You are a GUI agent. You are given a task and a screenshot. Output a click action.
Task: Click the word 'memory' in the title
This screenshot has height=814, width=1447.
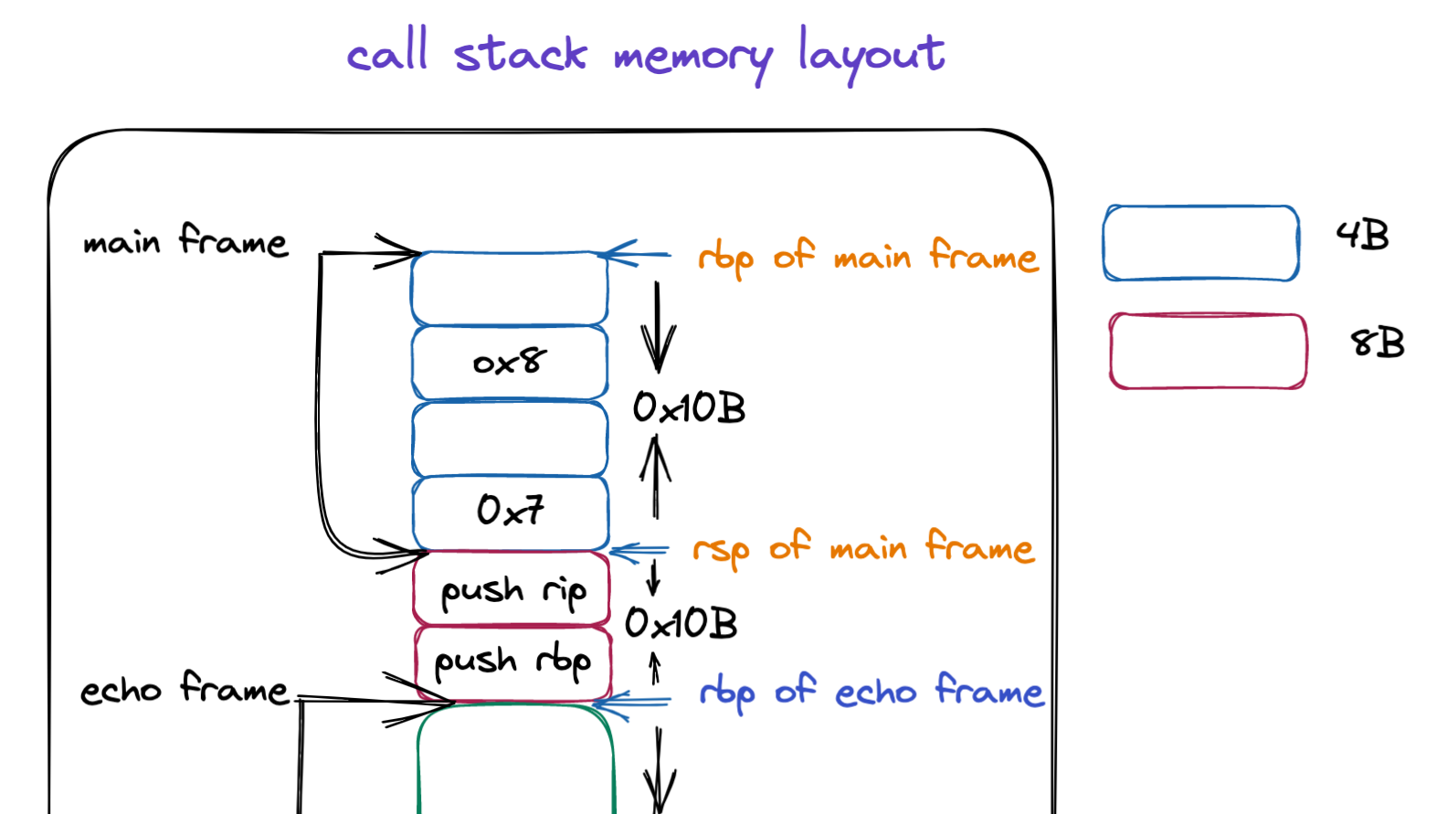[x=692, y=58]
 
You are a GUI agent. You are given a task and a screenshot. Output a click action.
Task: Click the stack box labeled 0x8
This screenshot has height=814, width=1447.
[x=510, y=363]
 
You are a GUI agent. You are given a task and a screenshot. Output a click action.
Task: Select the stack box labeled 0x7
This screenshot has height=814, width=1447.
[x=510, y=511]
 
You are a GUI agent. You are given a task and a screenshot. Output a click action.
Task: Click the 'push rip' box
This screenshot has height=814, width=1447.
[x=512, y=589]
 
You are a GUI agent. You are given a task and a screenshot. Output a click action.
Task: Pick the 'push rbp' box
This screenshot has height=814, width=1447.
[x=512, y=661]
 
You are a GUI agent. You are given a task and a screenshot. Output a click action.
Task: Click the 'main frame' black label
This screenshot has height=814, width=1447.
[x=185, y=241]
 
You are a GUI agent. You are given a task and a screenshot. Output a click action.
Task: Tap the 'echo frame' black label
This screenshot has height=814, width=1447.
[x=185, y=689]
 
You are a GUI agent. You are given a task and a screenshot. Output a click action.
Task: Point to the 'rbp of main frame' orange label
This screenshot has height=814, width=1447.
[x=868, y=257]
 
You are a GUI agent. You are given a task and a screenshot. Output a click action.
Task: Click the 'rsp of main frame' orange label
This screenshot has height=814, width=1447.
[x=863, y=548]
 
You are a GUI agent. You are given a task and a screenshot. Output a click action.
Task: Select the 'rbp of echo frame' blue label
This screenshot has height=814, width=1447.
[x=871, y=692]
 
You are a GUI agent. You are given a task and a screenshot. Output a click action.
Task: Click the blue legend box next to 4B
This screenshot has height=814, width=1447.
[x=1200, y=243]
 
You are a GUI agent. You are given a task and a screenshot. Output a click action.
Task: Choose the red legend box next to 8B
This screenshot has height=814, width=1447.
[x=1208, y=352]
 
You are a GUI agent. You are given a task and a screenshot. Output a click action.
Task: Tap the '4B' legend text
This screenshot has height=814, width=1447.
[x=1362, y=236]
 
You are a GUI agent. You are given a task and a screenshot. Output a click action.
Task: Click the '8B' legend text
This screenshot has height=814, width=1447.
[x=1377, y=344]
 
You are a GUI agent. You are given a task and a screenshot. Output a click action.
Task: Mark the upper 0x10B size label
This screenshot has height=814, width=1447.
[x=689, y=407]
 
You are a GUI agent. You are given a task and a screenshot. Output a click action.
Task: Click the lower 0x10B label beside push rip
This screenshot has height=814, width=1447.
[x=681, y=624]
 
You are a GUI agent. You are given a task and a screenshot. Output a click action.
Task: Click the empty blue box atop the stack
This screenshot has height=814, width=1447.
[x=510, y=289]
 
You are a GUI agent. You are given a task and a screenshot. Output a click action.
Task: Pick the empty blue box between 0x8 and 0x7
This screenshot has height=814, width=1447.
[x=510, y=439]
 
